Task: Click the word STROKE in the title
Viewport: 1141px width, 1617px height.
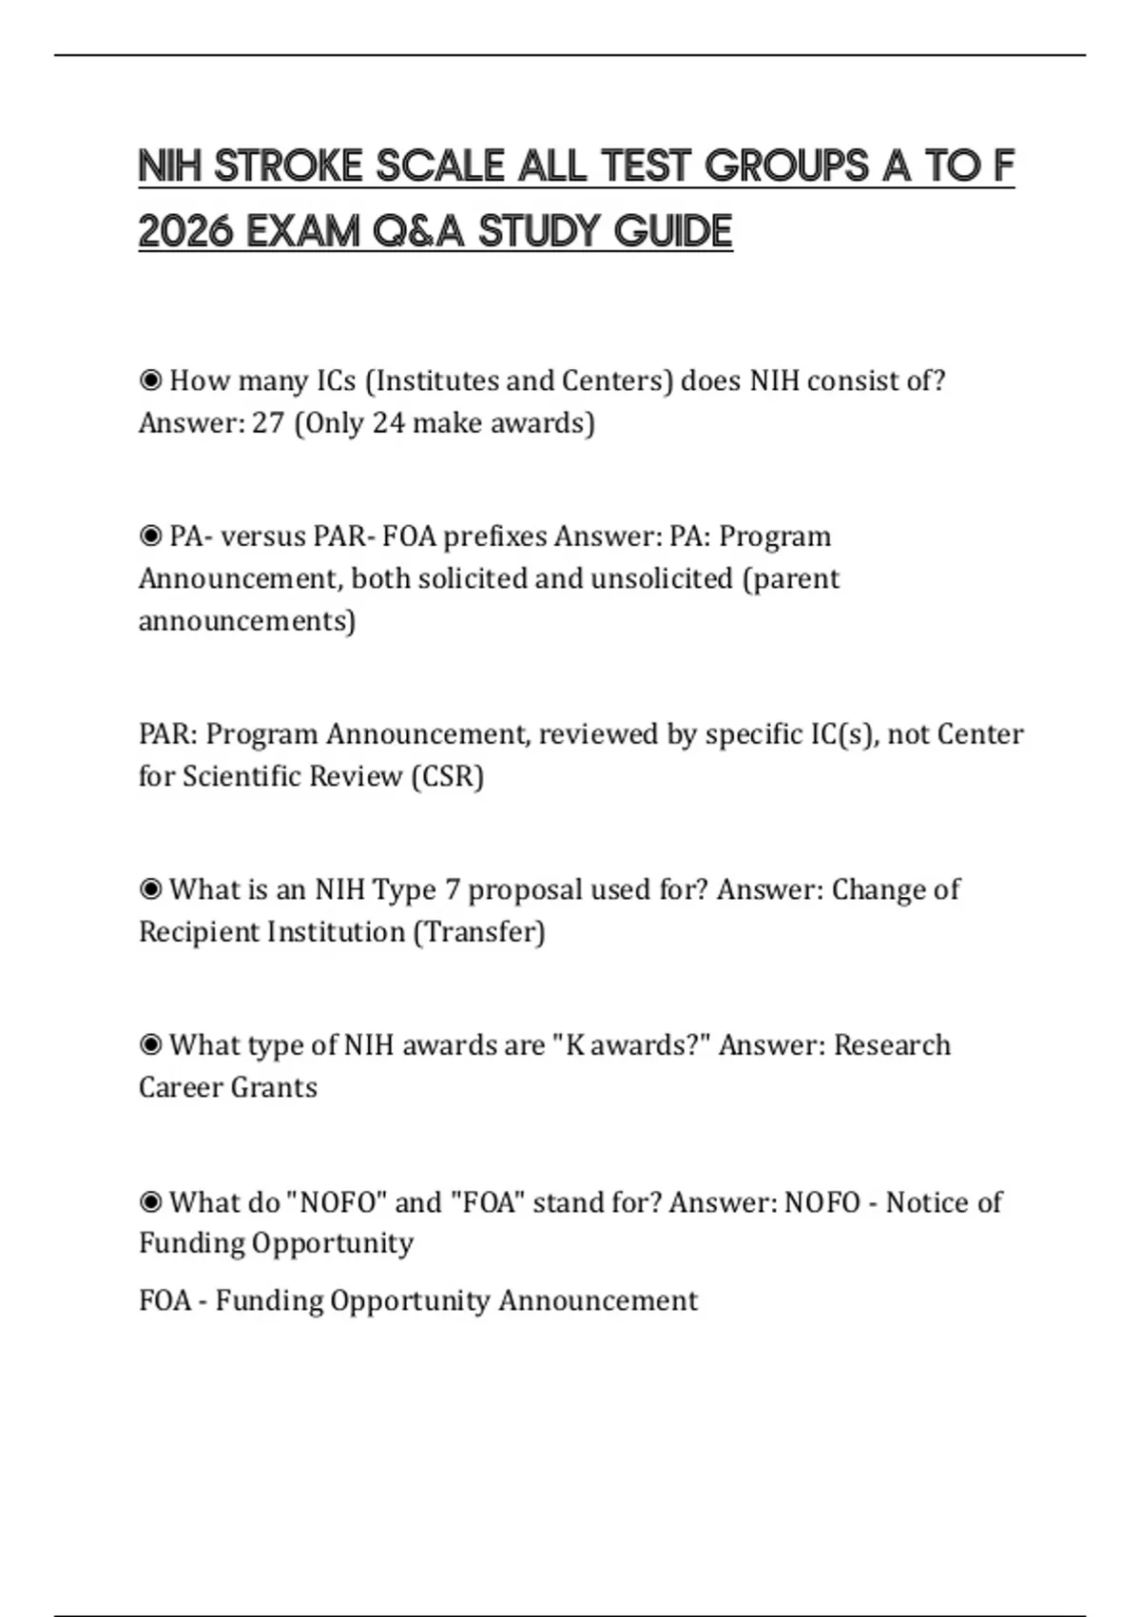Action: click(288, 166)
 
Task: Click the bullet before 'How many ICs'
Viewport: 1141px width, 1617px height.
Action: click(150, 381)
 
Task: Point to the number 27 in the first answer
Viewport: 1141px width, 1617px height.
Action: click(268, 422)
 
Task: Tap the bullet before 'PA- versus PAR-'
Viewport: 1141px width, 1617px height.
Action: click(150, 537)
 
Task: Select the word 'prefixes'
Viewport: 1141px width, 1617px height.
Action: click(495, 536)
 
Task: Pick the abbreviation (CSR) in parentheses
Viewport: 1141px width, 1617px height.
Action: click(447, 776)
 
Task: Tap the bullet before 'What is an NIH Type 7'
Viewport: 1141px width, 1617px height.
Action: click(150, 890)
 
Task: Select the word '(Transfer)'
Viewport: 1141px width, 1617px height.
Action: click(478, 931)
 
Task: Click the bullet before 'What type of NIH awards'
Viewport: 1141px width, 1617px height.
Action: click(150, 1046)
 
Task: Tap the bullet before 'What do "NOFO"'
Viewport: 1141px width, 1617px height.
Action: click(150, 1203)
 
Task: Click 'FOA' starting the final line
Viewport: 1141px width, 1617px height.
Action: click(164, 1300)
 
